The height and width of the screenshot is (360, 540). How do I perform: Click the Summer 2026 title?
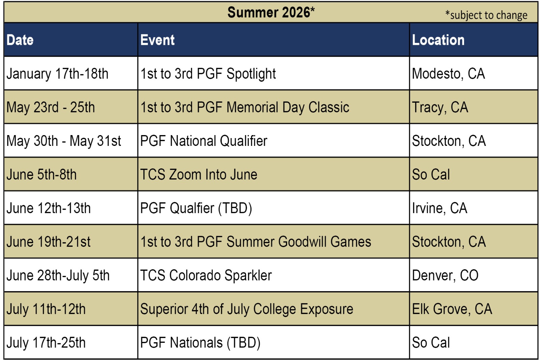coord(271,12)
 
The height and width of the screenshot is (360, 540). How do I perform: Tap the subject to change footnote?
coord(486,15)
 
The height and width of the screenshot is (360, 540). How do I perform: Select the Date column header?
coord(20,40)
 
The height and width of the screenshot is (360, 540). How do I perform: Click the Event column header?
coord(157,40)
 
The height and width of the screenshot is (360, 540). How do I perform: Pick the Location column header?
coord(438,40)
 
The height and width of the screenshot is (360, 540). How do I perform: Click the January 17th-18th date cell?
coord(57,74)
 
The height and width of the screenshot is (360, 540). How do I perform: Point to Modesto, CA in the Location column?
coord(449,74)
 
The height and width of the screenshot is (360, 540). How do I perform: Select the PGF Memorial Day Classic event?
coord(245,107)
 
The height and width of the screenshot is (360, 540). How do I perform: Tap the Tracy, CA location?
coord(440,107)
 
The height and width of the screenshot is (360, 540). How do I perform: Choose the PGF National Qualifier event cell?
coord(204,141)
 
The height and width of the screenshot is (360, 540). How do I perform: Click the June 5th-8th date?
coord(42,175)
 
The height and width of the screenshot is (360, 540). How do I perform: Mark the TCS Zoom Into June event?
coord(199,175)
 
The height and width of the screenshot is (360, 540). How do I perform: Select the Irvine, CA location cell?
coord(440,208)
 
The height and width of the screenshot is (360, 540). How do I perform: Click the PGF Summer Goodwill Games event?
coord(256,242)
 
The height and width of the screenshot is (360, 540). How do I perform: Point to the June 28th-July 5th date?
coord(58,275)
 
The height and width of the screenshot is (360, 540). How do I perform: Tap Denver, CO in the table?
coord(445,275)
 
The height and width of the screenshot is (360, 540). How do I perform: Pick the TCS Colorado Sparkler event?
coord(206,275)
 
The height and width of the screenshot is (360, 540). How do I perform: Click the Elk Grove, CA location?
coord(452,309)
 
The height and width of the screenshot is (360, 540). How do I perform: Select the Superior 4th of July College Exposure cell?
coord(247,309)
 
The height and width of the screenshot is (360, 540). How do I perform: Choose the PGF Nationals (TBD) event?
coord(200,343)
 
